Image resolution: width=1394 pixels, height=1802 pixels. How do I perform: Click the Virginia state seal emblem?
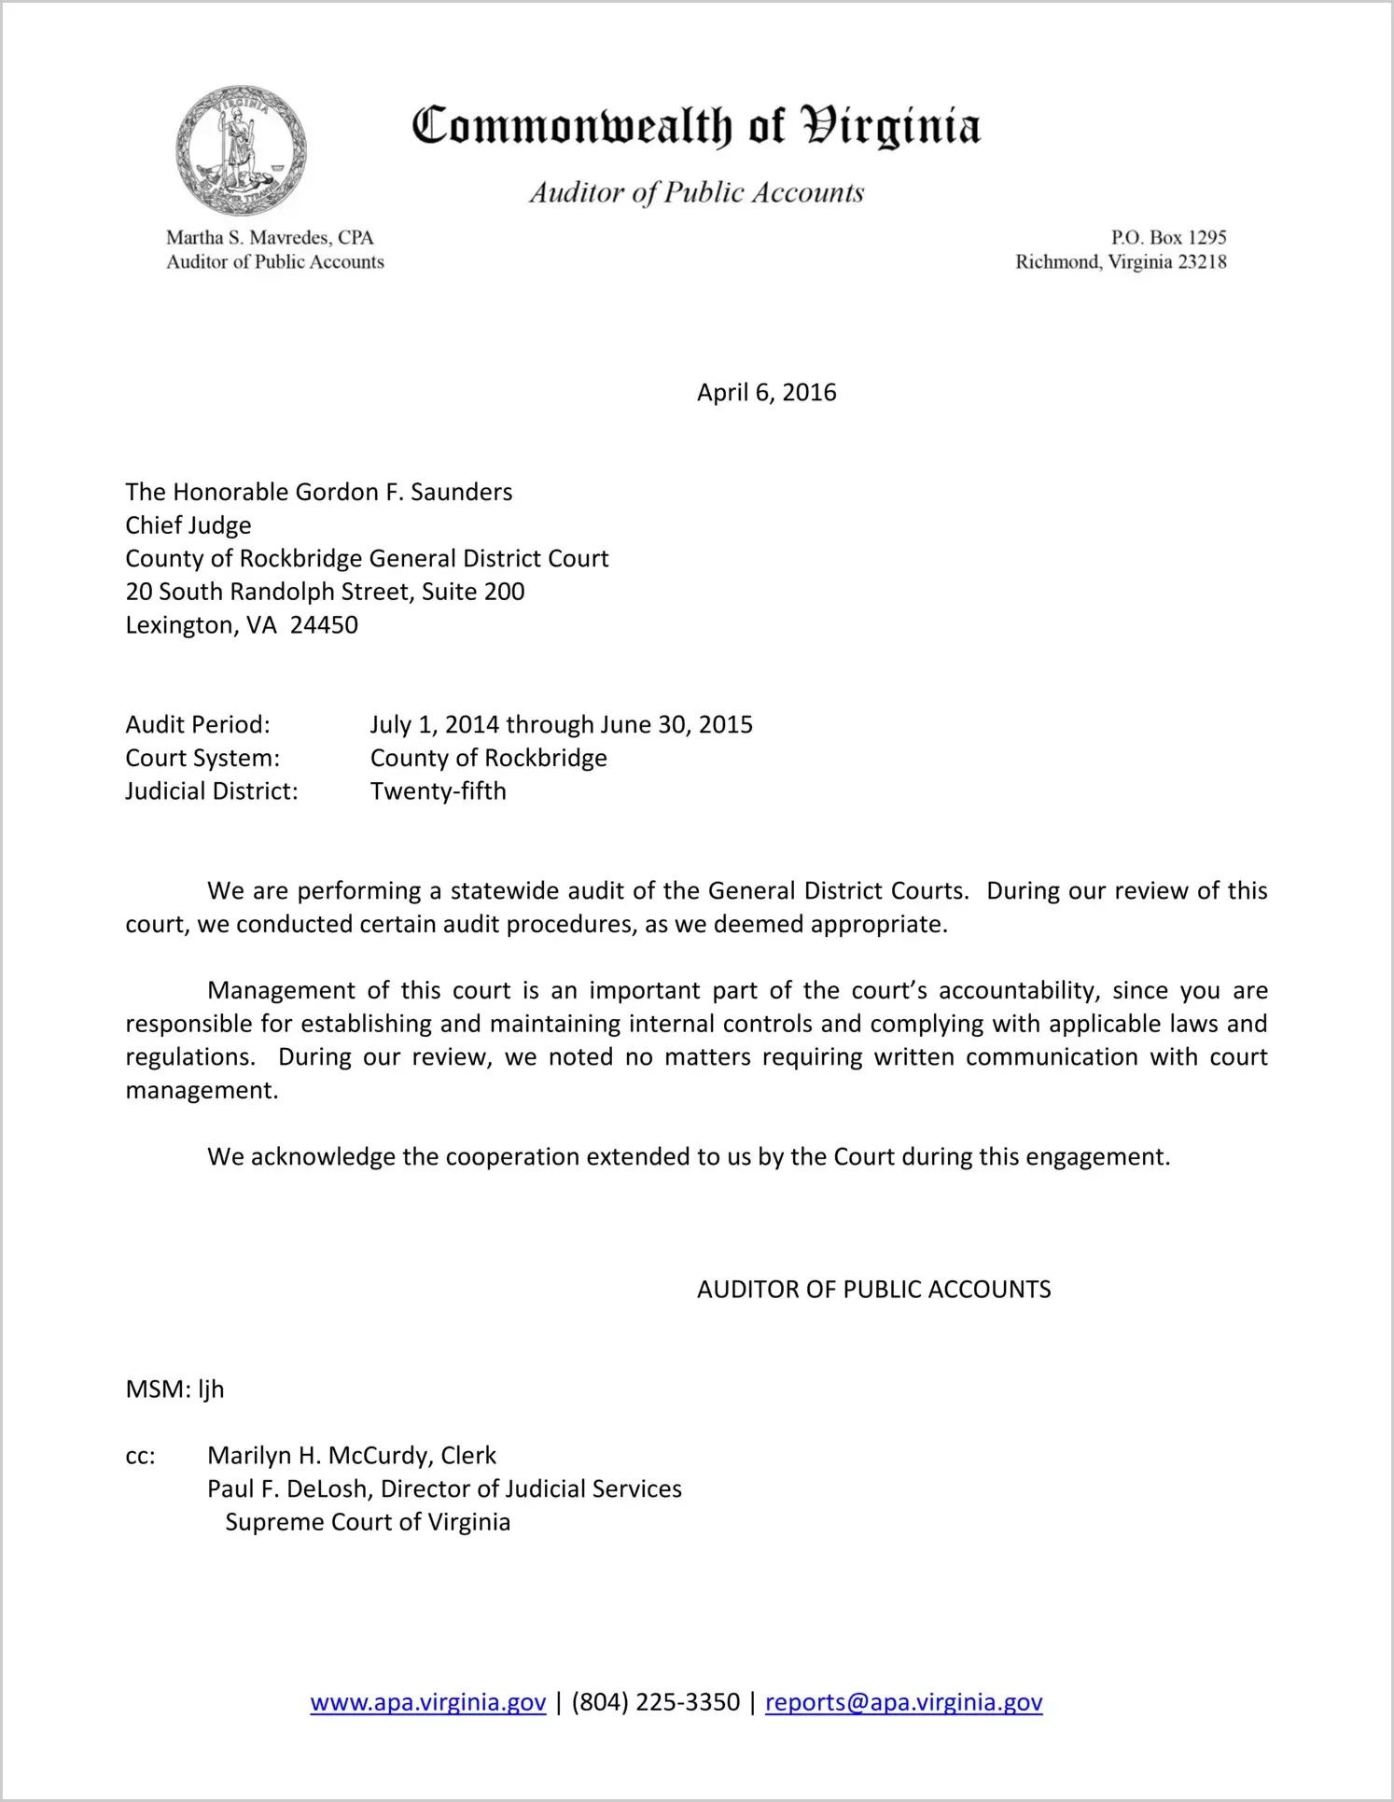(241, 150)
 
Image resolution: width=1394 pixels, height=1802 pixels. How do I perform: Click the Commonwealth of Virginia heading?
(696, 126)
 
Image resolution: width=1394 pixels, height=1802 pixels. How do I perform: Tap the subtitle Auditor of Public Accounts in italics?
(696, 192)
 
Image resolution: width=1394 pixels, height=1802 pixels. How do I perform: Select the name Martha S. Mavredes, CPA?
(270, 238)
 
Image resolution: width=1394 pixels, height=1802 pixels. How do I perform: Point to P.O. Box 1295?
(1168, 238)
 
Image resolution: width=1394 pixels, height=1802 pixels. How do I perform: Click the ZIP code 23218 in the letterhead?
(1202, 262)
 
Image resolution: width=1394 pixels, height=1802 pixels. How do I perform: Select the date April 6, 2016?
(766, 392)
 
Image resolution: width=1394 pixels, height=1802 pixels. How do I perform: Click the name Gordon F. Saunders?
(404, 492)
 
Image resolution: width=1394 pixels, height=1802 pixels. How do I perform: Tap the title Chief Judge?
(188, 525)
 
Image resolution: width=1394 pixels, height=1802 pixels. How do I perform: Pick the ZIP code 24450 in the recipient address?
(324, 625)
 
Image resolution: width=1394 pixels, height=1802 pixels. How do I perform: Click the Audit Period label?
(198, 725)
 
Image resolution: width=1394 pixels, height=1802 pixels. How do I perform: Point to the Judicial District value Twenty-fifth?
(439, 791)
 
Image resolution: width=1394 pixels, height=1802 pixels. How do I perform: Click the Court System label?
(202, 758)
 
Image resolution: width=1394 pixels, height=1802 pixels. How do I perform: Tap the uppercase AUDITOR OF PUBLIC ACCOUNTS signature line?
(873, 1290)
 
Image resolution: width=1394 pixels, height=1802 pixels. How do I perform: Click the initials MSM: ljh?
(174, 1390)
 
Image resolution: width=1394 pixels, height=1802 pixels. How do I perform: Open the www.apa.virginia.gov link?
(427, 1703)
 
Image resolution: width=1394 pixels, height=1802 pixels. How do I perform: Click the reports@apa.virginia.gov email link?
(903, 1703)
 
